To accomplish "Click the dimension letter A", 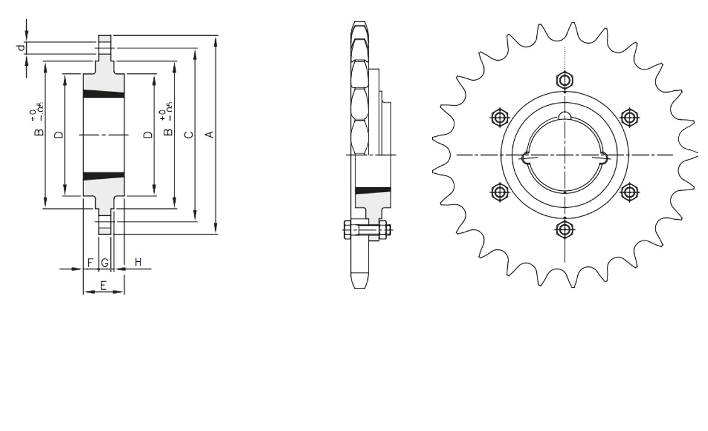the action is (210, 135).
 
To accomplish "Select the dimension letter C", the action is (189, 135).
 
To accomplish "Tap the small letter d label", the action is (21, 48).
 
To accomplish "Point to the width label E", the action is (103, 286).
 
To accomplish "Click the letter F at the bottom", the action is (90, 262).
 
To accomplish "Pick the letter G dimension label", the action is (105, 262).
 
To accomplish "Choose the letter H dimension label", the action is (138, 262).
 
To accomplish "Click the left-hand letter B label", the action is (39, 132).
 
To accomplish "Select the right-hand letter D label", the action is (148, 135).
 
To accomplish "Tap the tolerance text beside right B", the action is (166, 111).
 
